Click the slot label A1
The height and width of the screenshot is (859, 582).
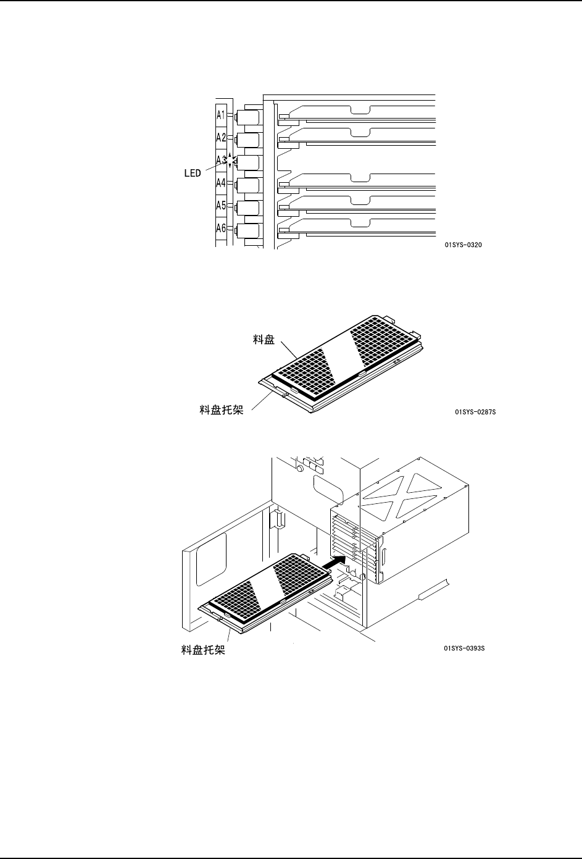point(220,115)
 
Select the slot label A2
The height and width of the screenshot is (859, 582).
point(220,138)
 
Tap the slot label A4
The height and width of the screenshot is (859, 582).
point(220,183)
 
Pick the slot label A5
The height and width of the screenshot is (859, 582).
point(220,205)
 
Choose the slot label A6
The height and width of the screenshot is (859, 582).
point(220,228)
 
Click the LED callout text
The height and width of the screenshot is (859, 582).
point(193,174)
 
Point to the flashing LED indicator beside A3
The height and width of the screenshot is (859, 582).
point(230,161)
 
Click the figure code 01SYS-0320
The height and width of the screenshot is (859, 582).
point(463,245)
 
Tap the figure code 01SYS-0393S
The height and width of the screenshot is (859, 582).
point(464,649)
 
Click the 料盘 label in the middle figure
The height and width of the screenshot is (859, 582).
point(264,340)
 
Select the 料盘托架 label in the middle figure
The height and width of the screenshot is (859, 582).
point(221,409)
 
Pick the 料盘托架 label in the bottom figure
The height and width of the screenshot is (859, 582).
point(203,650)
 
